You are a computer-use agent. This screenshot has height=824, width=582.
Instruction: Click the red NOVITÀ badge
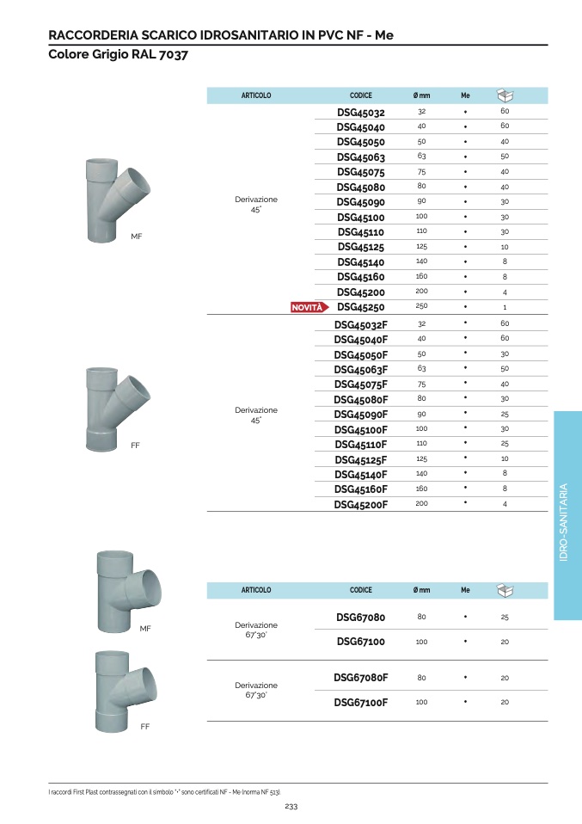[309, 307]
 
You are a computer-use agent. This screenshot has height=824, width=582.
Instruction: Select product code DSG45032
[361, 113]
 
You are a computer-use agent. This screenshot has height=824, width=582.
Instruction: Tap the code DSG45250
[361, 307]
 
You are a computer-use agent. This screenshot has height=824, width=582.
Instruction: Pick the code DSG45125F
[361, 460]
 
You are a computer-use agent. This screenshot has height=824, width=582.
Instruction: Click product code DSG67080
[361, 617]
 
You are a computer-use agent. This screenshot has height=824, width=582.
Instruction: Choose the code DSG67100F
[361, 702]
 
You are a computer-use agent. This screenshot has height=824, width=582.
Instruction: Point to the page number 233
[291, 806]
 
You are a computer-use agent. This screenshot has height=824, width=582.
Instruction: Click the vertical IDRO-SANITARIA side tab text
[564, 522]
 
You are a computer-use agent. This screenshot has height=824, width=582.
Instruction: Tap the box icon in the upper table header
[505, 95]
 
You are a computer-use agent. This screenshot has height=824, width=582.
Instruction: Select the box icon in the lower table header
[505, 590]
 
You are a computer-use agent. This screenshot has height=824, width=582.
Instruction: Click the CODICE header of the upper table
[361, 95]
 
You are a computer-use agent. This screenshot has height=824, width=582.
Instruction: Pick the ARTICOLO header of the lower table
[256, 590]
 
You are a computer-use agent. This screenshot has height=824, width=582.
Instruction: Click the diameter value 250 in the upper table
[422, 306]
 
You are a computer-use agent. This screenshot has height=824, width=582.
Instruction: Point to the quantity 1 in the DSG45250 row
[505, 307]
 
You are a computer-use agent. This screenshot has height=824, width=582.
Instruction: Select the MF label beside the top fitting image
[137, 237]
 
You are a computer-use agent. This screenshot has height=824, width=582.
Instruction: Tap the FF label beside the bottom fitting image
[145, 726]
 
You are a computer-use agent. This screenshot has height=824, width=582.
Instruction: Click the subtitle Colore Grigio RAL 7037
[118, 54]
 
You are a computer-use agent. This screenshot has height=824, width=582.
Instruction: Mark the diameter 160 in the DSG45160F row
[422, 489]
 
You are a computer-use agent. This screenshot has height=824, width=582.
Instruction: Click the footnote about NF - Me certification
[165, 792]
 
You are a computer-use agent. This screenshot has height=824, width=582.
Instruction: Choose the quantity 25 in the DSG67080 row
[505, 617]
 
